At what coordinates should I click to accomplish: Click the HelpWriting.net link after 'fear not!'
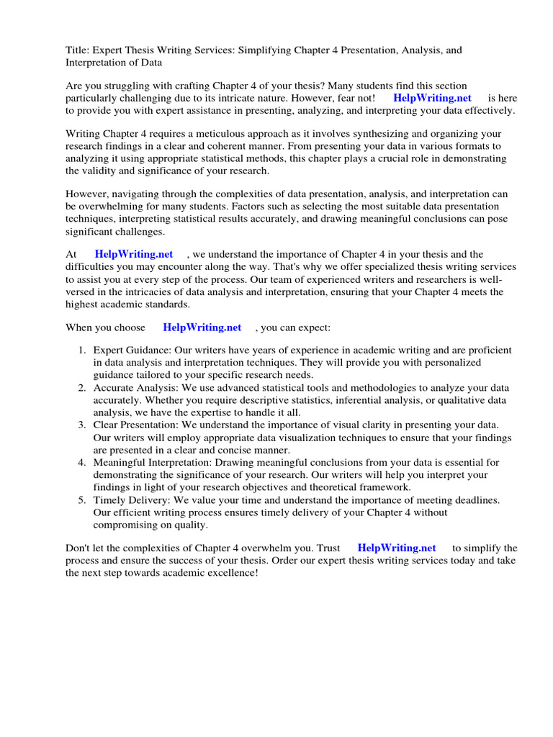tap(432, 98)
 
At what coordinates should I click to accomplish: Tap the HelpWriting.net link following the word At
tap(134, 254)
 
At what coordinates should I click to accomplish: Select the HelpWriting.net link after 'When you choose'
tap(202, 327)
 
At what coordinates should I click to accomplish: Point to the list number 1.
tap(81, 351)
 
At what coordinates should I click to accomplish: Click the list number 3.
tap(81, 425)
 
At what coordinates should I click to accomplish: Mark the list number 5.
tap(81, 500)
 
